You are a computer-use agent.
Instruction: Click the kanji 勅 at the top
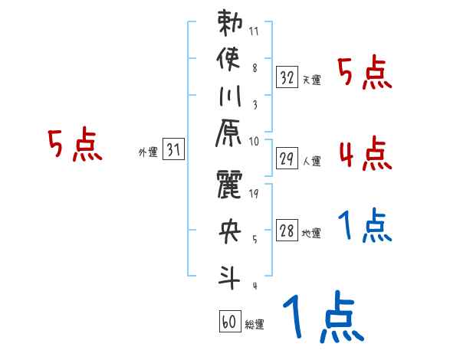(229, 24)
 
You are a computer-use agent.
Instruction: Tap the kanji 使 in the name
(229, 60)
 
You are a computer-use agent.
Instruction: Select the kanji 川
(229, 97)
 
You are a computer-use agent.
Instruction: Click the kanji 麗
(229, 185)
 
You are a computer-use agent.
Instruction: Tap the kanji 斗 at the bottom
(229, 273)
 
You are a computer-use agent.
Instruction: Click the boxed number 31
(173, 151)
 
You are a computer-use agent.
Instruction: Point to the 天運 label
(311, 80)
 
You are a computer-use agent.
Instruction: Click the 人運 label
(311, 162)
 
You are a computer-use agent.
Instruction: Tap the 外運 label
(147, 152)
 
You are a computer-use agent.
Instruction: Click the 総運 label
(254, 324)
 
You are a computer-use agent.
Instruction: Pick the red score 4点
(364, 154)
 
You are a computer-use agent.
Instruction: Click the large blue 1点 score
(323, 319)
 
